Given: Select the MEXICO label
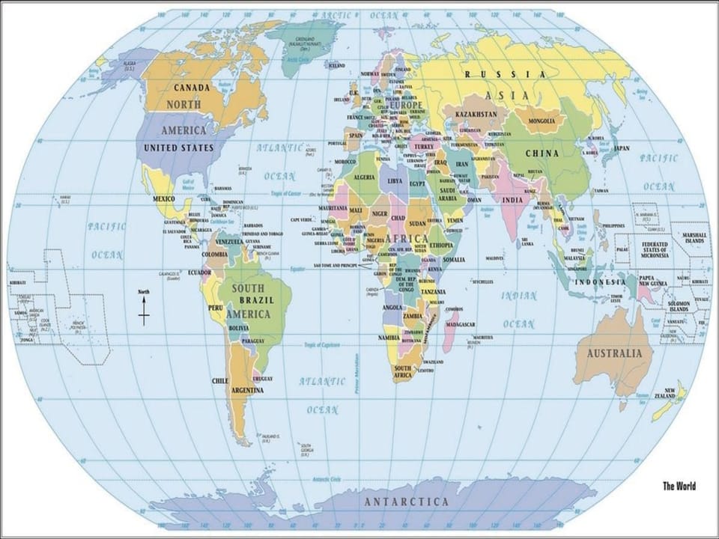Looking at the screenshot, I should pyautogui.click(x=164, y=199).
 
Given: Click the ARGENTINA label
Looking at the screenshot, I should pyautogui.click(x=247, y=391).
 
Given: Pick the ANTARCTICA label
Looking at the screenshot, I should pyautogui.click(x=407, y=502).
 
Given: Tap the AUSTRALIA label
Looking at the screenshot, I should pyautogui.click(x=614, y=353).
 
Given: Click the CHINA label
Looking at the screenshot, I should pyautogui.click(x=541, y=153).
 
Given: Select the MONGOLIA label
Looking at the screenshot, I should pyautogui.click(x=541, y=121).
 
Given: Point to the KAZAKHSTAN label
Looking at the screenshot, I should pyautogui.click(x=475, y=115).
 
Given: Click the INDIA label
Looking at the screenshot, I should pyautogui.click(x=512, y=200).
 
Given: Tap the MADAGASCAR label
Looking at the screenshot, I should pyautogui.click(x=461, y=324).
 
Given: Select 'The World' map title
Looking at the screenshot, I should pyautogui.click(x=679, y=486).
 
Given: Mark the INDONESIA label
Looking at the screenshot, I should pyautogui.click(x=600, y=282).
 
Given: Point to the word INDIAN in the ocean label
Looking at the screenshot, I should pyautogui.click(x=518, y=296).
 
